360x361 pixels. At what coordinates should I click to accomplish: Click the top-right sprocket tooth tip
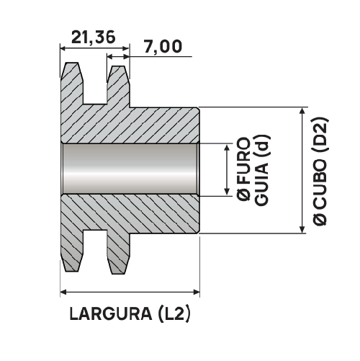click(118, 67)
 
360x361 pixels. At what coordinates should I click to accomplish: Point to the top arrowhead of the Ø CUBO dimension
click(300, 111)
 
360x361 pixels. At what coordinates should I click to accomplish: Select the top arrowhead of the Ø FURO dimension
click(228, 147)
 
